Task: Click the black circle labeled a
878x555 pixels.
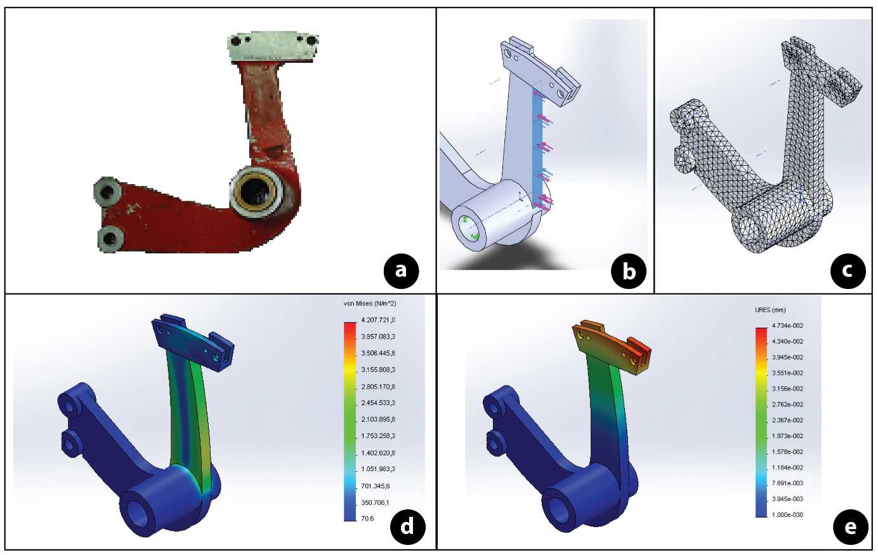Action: coord(401,271)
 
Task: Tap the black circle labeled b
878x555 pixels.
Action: coord(628,271)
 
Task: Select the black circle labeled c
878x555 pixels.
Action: coord(848,271)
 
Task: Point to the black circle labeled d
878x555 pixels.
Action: coord(407,526)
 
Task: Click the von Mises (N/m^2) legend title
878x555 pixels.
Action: coord(369,304)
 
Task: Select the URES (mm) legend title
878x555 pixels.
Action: coord(770,310)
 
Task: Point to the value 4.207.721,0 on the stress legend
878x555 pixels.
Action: coord(377,320)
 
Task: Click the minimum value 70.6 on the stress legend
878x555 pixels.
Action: coord(367,519)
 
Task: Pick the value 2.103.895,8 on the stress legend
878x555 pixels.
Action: coord(377,420)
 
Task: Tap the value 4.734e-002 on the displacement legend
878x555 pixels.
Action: coord(787,326)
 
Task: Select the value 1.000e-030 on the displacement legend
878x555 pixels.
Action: coord(787,515)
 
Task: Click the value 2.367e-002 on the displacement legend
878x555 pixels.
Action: coord(787,420)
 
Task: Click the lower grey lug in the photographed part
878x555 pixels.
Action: coord(110,239)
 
